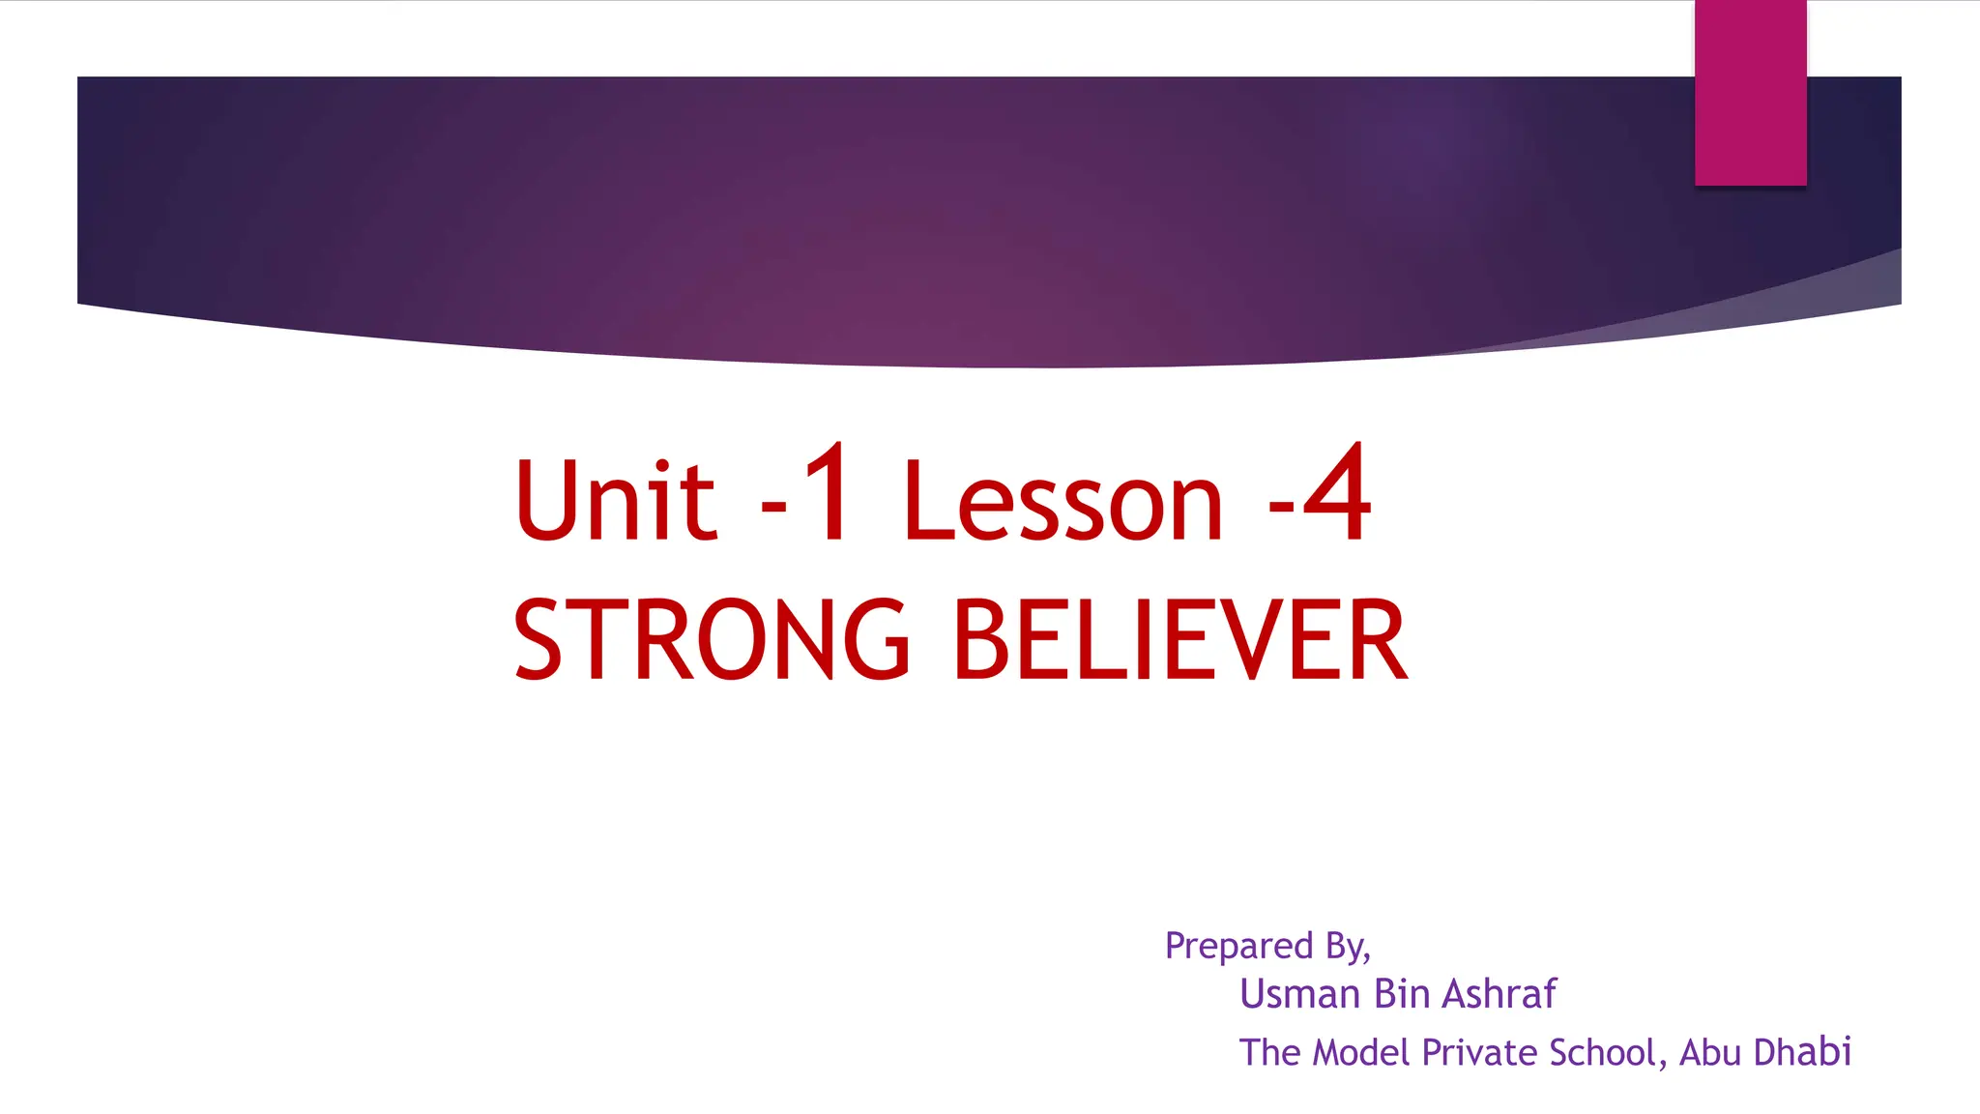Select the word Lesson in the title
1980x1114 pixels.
click(1063, 501)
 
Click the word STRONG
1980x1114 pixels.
click(712, 639)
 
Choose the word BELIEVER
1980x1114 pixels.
click(1179, 639)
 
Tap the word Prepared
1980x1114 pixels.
click(1238, 946)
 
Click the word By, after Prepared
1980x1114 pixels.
click(1348, 946)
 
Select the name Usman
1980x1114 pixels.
click(1299, 994)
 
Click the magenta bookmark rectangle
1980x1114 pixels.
click(1750, 92)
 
